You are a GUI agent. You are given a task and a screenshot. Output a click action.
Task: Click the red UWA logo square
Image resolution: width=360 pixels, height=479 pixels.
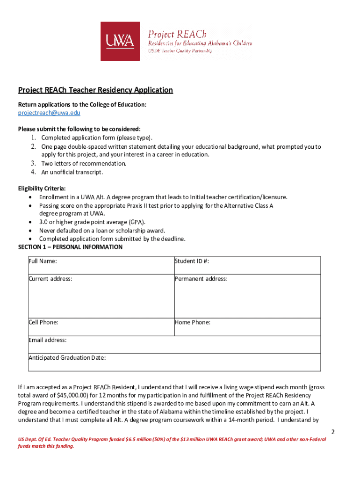(120, 41)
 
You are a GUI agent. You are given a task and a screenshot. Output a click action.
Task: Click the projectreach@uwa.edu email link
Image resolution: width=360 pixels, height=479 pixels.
(49, 113)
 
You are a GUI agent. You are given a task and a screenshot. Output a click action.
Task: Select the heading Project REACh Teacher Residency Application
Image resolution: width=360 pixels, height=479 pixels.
(95, 90)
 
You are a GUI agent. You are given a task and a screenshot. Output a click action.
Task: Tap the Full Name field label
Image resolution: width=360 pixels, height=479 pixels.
(43, 261)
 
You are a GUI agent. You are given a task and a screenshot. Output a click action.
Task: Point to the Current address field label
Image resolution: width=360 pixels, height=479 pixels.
(50, 279)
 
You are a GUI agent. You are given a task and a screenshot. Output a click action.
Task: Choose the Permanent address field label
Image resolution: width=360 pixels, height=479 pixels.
(201, 279)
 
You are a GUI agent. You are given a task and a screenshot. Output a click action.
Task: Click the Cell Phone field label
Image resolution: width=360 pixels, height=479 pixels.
(43, 322)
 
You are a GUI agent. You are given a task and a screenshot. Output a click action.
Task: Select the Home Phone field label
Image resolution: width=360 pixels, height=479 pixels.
(193, 322)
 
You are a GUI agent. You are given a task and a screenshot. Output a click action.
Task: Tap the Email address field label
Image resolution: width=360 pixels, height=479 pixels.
(48, 340)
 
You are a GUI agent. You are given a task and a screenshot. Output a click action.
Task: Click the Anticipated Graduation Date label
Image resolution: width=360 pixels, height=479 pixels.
(67, 358)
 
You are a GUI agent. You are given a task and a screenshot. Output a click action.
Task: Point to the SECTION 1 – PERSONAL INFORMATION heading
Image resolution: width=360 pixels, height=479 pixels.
(70, 247)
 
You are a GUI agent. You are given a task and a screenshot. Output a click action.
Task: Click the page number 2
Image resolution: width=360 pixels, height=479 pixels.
(332, 431)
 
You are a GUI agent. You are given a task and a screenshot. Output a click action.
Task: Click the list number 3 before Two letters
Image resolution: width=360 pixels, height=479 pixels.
(34, 164)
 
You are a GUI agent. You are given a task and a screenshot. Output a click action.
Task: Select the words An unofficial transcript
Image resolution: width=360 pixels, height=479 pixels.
(72, 172)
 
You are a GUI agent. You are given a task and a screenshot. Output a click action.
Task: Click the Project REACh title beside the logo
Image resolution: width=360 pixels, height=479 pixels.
(177, 34)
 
